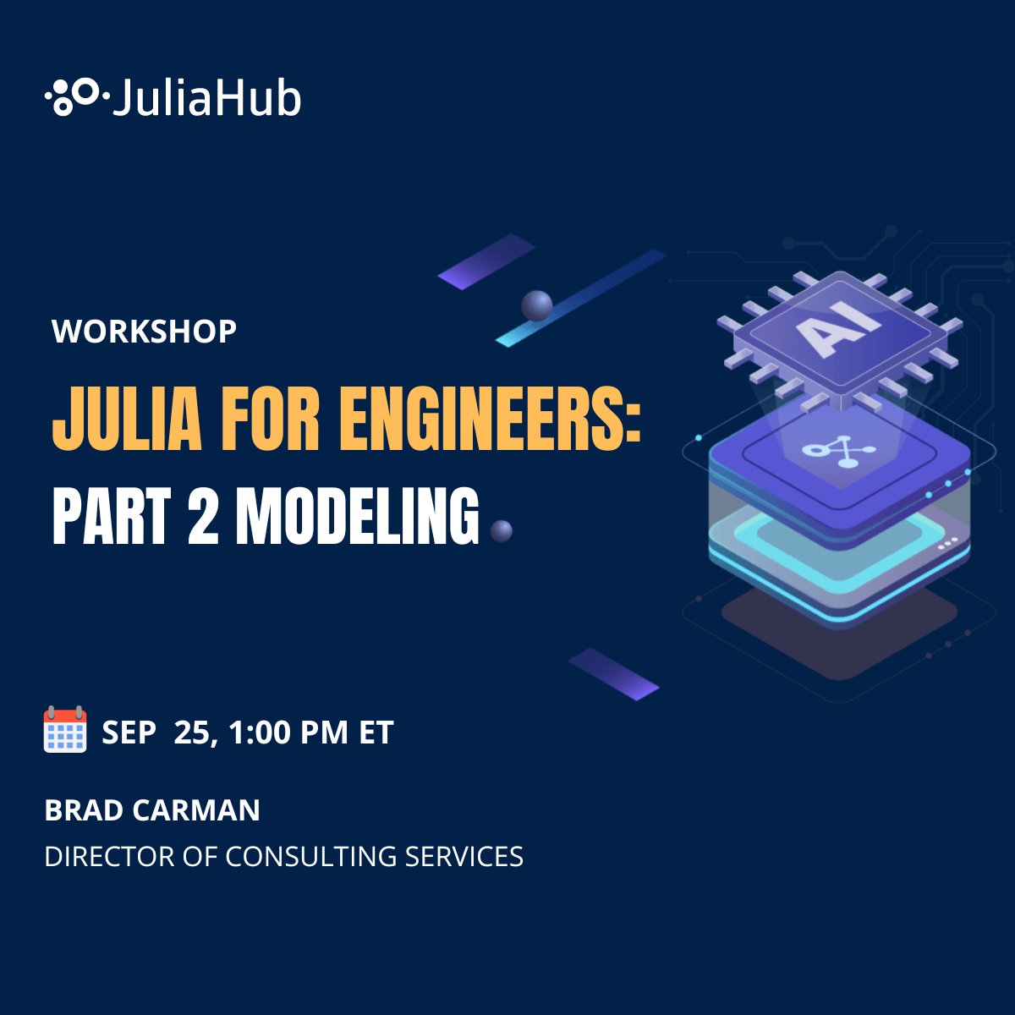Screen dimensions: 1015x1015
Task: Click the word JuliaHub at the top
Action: [206, 98]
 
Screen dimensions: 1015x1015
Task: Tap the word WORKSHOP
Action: [144, 331]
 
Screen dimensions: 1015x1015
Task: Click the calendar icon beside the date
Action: [65, 730]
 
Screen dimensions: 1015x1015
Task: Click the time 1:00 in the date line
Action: [259, 732]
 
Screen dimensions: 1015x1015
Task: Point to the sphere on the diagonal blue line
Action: [537, 305]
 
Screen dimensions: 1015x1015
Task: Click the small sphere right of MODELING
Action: [502, 531]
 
